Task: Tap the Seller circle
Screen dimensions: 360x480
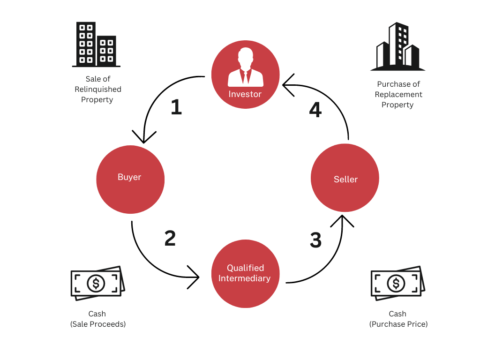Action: click(345, 178)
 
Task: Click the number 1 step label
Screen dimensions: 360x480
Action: click(176, 107)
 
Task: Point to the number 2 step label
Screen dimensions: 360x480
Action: click(170, 238)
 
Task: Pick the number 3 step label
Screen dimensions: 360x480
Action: click(315, 240)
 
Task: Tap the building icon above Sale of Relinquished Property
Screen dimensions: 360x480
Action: click(96, 44)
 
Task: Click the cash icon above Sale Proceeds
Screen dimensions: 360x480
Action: click(97, 282)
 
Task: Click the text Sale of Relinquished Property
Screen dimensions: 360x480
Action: click(97, 89)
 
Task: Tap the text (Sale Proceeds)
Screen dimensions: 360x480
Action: click(98, 324)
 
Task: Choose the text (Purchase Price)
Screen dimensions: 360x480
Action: click(398, 324)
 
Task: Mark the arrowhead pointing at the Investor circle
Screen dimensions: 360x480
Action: click(287, 85)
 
